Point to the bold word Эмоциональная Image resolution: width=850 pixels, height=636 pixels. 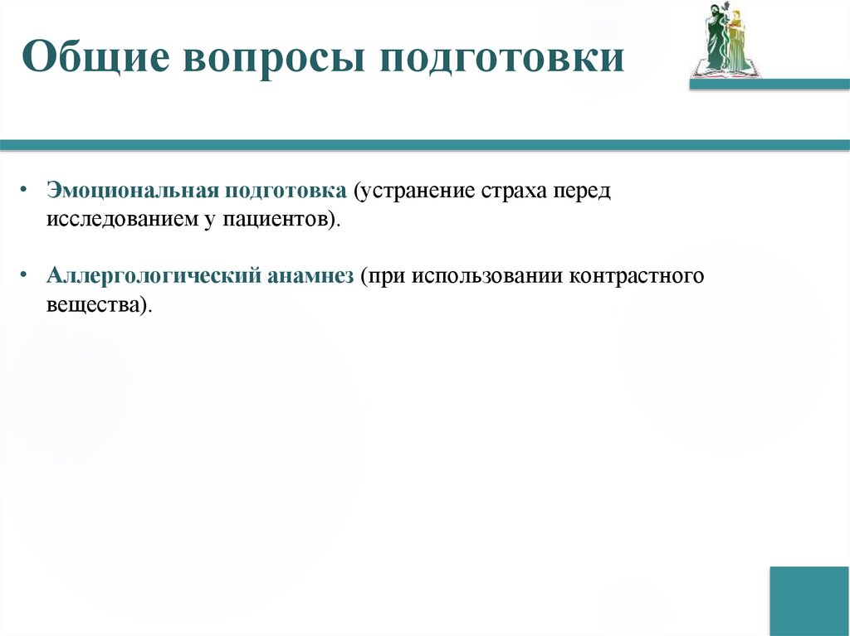[131, 192]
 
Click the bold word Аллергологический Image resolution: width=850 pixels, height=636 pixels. [154, 275]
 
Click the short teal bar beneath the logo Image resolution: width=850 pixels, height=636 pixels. [769, 85]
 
